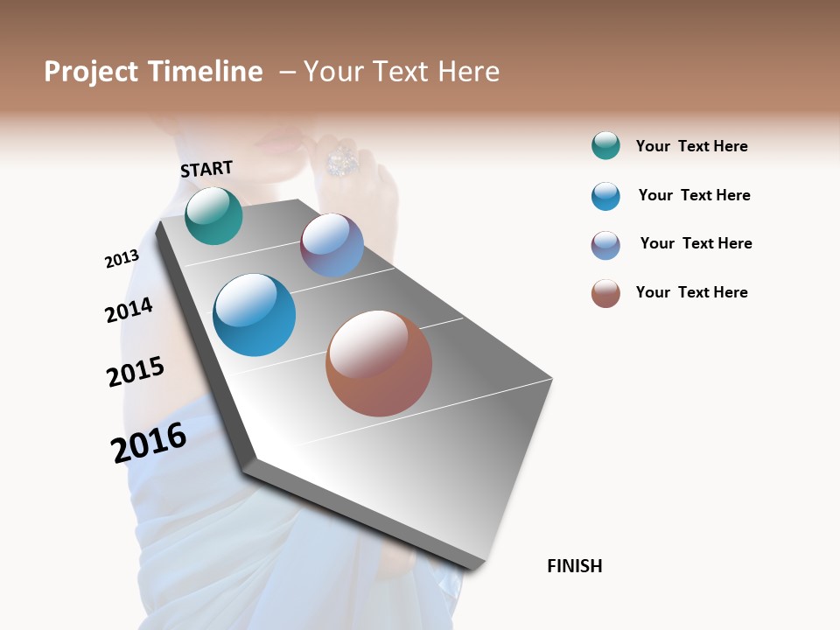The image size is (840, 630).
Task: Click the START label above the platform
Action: click(x=206, y=169)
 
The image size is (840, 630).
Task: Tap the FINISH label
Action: click(x=574, y=566)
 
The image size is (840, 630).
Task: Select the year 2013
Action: click(x=122, y=259)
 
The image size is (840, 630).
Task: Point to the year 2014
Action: click(x=129, y=310)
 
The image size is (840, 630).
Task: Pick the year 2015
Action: click(x=135, y=372)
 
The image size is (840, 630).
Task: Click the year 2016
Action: click(x=149, y=443)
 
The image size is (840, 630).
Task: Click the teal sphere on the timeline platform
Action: click(x=213, y=216)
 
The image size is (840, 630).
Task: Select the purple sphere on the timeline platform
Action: click(x=332, y=246)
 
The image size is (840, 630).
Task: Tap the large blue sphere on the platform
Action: click(x=254, y=315)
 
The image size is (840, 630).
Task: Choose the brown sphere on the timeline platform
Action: click(x=379, y=363)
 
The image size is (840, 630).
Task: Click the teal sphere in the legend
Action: click(x=605, y=145)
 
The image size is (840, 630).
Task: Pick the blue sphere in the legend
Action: click(x=605, y=196)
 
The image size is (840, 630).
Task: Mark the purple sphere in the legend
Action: click(x=605, y=245)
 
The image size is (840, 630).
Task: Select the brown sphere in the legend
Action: click(x=605, y=293)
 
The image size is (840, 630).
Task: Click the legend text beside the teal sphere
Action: click(x=691, y=146)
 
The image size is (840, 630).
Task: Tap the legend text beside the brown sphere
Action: click(x=691, y=292)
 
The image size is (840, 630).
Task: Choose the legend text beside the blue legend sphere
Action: click(x=694, y=195)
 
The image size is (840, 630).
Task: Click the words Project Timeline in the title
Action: click(x=153, y=72)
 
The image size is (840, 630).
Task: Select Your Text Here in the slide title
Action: click(x=402, y=72)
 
